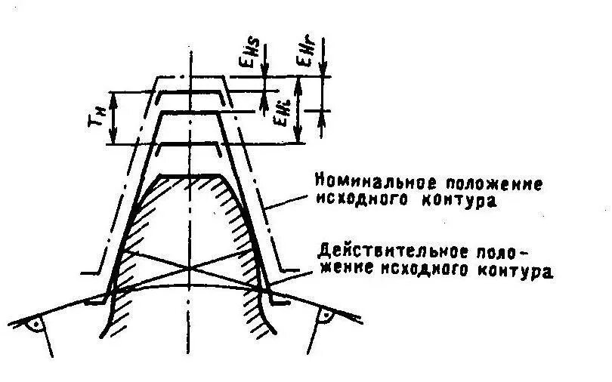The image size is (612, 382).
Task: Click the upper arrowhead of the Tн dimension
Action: coord(113,96)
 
